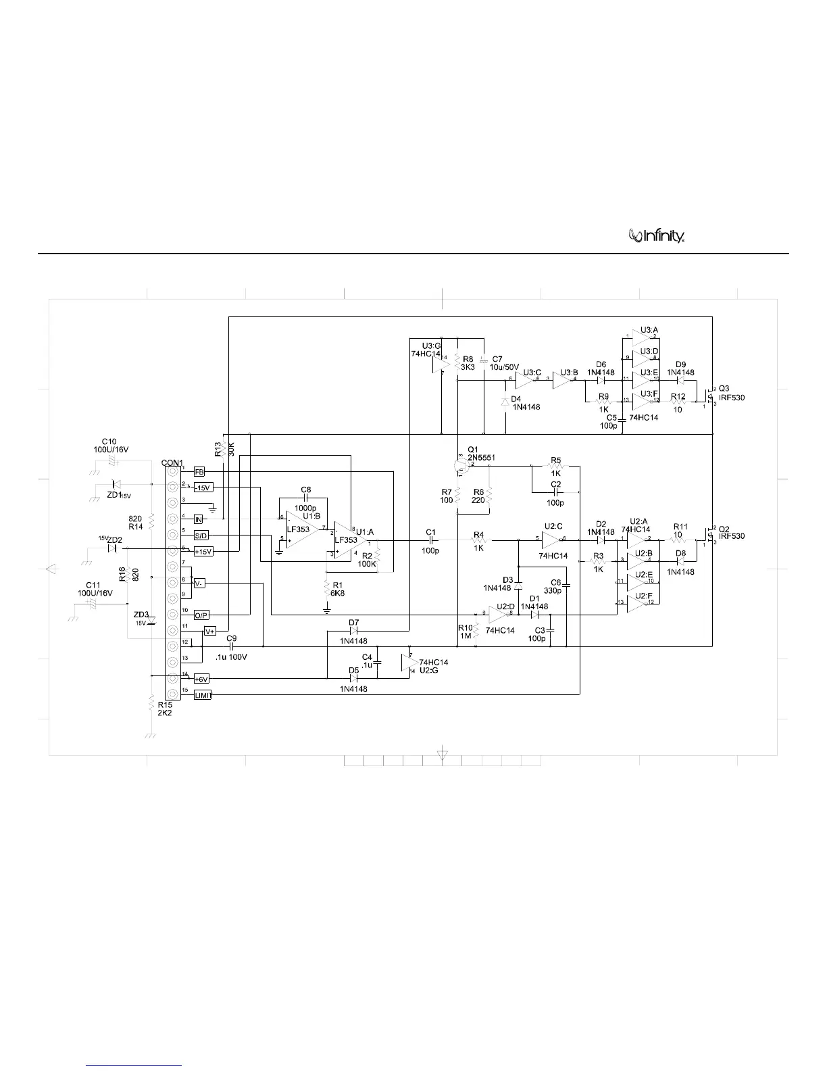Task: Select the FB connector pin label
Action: point(199,472)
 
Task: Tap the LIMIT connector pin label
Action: point(203,695)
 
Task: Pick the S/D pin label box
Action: point(201,535)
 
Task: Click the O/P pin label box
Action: point(201,615)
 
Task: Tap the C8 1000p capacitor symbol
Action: point(306,496)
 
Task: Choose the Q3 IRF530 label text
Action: point(731,394)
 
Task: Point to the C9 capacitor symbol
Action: point(231,647)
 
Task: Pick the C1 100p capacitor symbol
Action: point(430,540)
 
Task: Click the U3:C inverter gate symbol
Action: point(526,379)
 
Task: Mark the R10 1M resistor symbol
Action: point(476,629)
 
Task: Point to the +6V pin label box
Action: point(201,679)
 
